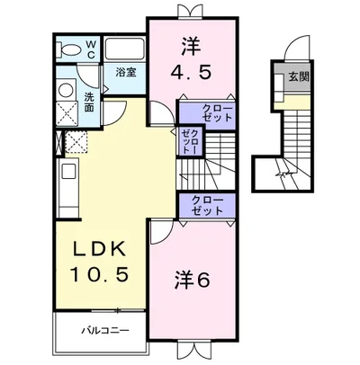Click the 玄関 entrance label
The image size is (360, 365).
(x=297, y=77)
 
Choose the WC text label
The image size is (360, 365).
(x=91, y=48)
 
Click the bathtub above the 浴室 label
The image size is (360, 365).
(x=123, y=49)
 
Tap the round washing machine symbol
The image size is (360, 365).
(x=66, y=90)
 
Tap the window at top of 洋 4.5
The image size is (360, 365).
(x=189, y=11)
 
